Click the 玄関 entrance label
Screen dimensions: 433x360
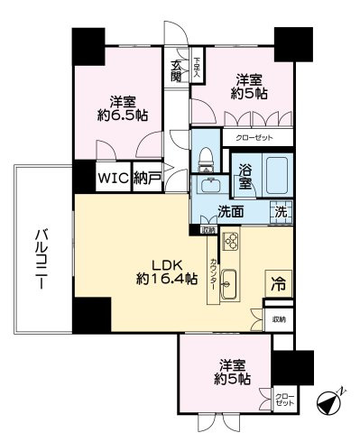click(x=176, y=70)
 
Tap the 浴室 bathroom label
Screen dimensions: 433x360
click(x=245, y=176)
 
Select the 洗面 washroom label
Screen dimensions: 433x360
click(x=230, y=213)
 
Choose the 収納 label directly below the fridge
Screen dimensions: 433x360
click(x=279, y=319)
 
